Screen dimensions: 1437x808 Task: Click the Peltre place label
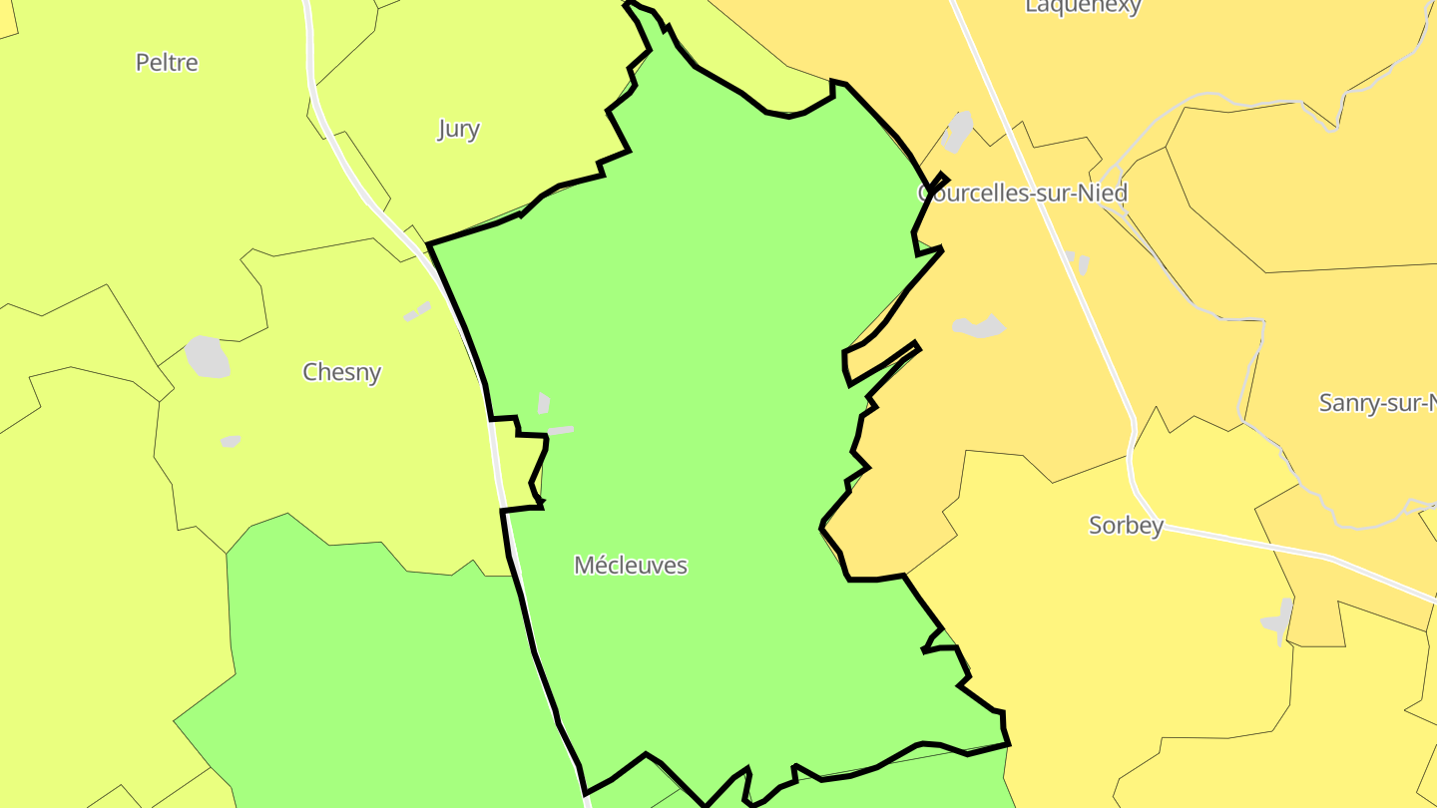point(167,63)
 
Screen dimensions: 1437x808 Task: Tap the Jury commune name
point(458,129)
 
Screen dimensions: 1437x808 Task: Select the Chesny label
point(342,372)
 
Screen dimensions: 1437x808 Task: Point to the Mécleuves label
point(631,566)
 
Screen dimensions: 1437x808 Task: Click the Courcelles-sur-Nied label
point(1023,193)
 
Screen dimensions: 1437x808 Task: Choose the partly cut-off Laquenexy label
point(1083,7)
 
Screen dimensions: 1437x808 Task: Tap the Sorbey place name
point(1126,526)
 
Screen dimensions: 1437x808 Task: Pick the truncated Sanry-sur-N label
point(1378,403)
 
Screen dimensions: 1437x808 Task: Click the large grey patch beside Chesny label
point(208,357)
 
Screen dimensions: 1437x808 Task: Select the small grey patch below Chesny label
point(231,441)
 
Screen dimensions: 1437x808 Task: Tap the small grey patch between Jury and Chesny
point(417,312)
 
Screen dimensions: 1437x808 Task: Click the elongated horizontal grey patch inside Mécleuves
point(561,431)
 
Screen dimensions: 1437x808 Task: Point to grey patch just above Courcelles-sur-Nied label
point(957,133)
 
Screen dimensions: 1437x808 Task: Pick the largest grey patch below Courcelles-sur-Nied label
point(978,326)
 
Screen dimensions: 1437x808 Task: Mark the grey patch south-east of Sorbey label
point(1279,620)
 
